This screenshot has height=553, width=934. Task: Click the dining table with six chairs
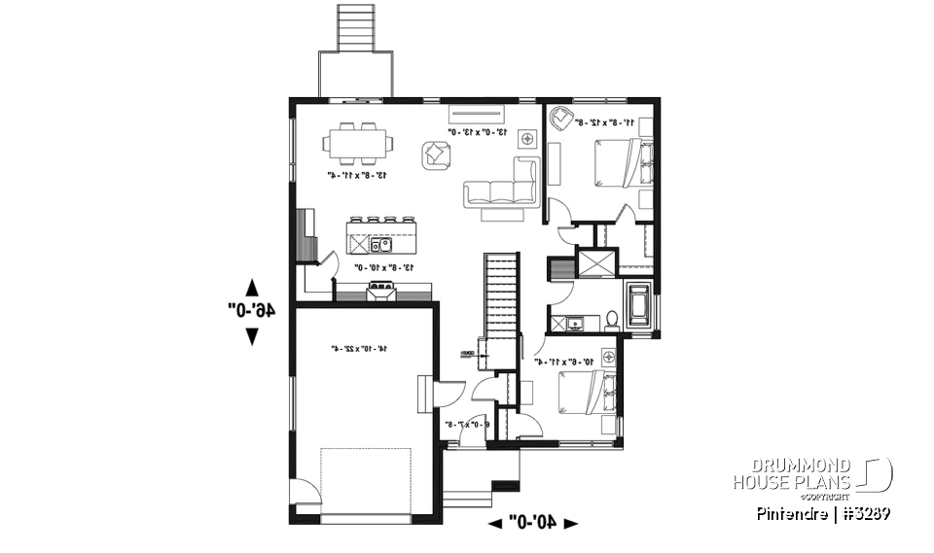point(359,143)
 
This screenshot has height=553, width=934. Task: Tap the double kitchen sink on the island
point(380,243)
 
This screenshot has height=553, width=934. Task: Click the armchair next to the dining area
point(436,155)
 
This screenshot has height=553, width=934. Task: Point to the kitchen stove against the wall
point(380,288)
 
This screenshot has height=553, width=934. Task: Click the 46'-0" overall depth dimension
point(252,311)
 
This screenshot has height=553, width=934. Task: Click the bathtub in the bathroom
point(640,304)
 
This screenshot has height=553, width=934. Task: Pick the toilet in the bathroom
point(612,319)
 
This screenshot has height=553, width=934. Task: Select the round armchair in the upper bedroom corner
point(561,120)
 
